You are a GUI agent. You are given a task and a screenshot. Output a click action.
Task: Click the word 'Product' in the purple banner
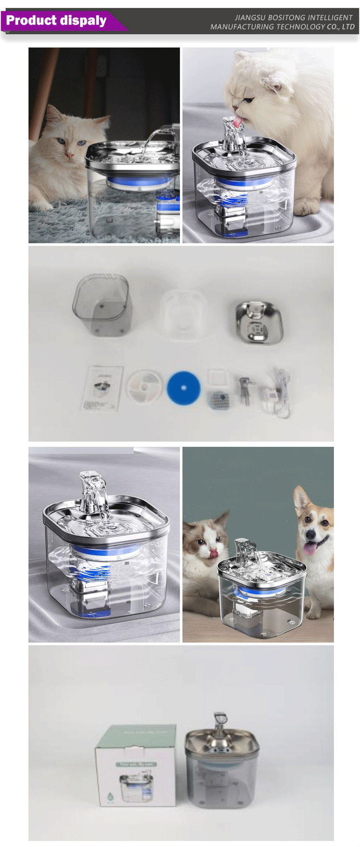(31, 20)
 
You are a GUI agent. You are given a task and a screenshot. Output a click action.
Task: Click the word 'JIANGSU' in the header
(249, 18)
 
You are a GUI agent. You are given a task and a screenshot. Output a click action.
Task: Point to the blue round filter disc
(183, 388)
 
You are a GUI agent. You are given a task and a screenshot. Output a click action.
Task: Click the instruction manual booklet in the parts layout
(102, 388)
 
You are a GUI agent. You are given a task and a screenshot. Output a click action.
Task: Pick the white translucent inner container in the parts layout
(183, 314)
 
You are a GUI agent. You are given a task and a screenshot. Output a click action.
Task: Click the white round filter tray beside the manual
(144, 387)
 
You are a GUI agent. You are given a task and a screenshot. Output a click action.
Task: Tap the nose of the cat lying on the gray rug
(70, 154)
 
